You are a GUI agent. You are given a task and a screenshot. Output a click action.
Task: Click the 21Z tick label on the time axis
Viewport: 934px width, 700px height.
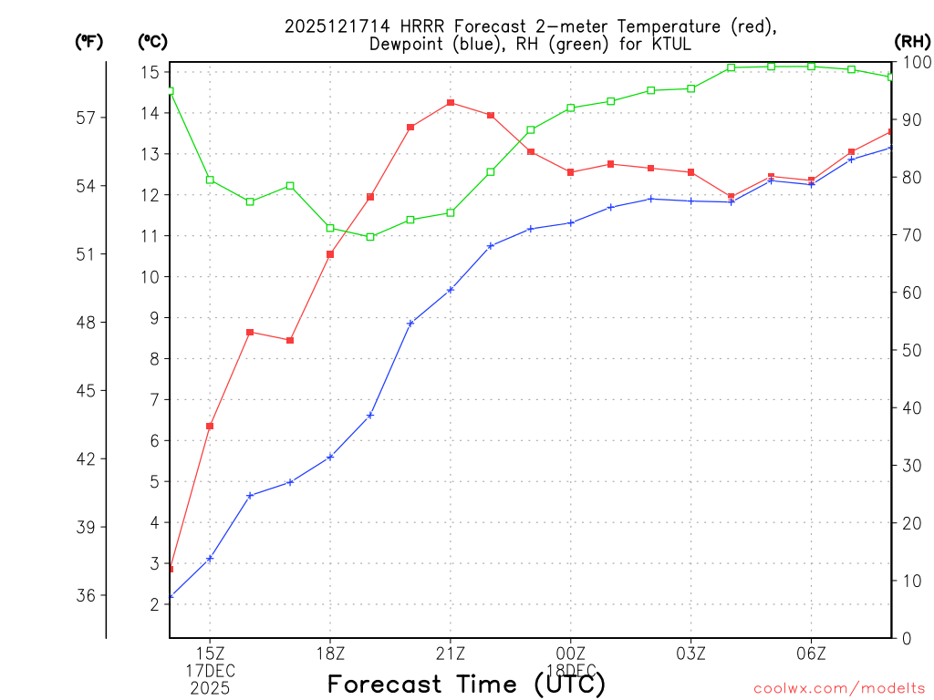click(x=451, y=654)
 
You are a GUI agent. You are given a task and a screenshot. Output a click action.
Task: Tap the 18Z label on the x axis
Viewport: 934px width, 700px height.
click(x=330, y=654)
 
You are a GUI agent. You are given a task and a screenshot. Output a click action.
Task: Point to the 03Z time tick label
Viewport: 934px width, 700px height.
click(x=690, y=654)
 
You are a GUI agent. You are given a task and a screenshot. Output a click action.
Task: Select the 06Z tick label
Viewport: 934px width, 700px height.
click(x=811, y=654)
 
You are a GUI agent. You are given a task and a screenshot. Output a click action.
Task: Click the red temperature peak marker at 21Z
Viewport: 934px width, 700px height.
click(x=451, y=103)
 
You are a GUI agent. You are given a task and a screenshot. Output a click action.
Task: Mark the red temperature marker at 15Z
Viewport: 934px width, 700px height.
click(x=210, y=426)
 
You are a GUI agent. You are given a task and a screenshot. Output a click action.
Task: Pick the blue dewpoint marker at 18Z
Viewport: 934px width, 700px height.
click(x=330, y=457)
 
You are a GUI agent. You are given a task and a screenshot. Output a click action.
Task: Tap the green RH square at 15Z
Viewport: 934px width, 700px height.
click(x=210, y=180)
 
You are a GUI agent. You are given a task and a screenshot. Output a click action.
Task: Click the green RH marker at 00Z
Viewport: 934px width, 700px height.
click(x=571, y=108)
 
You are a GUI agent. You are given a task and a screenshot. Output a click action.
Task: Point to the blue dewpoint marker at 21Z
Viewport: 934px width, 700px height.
click(x=451, y=290)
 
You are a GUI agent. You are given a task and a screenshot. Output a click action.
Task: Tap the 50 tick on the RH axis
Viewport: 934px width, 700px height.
click(x=911, y=350)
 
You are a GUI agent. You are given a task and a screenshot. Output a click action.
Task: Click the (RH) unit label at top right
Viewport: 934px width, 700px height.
click(x=911, y=41)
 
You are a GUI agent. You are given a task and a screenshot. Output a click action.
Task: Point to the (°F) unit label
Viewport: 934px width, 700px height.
click(x=89, y=41)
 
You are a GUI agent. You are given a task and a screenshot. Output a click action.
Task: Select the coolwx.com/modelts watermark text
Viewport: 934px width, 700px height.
click(x=838, y=687)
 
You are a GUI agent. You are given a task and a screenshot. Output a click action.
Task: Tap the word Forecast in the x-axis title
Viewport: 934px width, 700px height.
click(x=389, y=684)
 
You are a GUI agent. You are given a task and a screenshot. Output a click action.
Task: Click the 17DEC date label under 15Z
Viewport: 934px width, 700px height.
click(x=211, y=671)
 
